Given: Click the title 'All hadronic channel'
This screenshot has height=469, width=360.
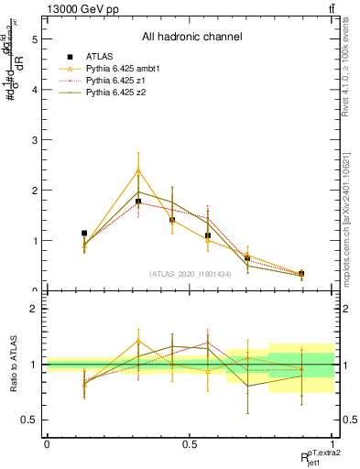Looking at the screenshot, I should tap(191, 38).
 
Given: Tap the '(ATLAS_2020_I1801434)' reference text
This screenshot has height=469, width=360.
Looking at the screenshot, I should tap(191, 274).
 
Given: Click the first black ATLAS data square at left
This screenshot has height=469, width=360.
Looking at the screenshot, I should tap(84, 234).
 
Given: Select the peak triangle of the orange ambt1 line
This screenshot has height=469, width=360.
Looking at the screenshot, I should tap(138, 170).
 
